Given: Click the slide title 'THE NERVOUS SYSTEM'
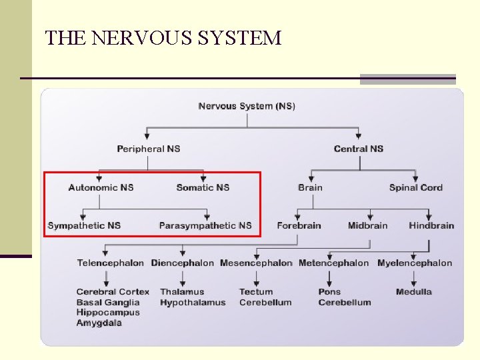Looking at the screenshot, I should point(163,37).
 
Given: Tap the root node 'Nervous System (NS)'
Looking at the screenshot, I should point(247,106).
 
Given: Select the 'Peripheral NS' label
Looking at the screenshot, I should point(149,149).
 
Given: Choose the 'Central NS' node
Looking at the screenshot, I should point(359,149).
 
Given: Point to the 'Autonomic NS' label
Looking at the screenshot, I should point(101,187).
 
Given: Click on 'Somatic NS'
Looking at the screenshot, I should point(203,187).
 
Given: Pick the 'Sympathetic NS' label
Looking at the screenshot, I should point(84,225).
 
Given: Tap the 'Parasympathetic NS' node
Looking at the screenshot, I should point(205,225).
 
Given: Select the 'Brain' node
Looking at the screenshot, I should point(310,187).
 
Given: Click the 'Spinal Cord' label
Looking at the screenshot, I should point(416,187).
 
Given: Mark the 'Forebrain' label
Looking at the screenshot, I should point(299,225).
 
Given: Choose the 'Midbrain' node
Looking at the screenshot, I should point(367,225).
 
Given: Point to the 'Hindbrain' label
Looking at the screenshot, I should point(431,225).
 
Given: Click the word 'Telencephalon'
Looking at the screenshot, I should point(110,263).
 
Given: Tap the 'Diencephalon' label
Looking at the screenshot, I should point(183,263).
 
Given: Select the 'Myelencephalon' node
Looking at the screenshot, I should point(415,263).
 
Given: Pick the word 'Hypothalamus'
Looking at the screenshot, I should point(193,302).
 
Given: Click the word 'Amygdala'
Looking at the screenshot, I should point(99,323).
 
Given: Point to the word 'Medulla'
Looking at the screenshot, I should point(414,291).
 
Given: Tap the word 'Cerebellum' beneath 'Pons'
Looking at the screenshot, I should point(345,302).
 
